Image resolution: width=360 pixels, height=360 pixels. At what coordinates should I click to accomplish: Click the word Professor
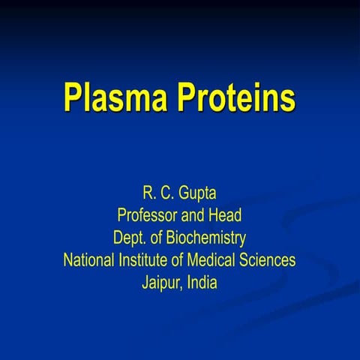148,216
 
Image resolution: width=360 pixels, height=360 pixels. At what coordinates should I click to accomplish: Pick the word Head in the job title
226,216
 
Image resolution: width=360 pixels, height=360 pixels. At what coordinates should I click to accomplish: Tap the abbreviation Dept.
129,238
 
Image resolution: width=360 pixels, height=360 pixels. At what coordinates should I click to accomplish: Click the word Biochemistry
204,238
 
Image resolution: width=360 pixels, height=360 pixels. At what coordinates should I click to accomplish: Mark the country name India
202,283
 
